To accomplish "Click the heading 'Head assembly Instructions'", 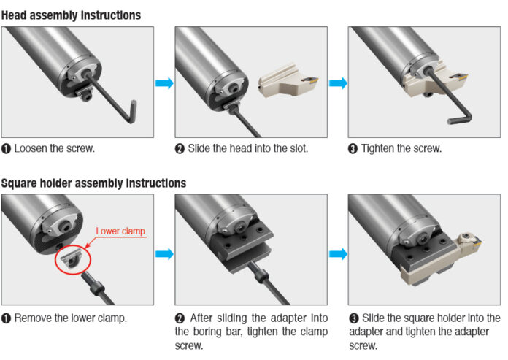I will tap(71, 15).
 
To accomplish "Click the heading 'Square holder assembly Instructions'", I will tap(93, 183).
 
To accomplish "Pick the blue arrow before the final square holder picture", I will tap(337, 254).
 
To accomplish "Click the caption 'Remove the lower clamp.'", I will tap(66, 318).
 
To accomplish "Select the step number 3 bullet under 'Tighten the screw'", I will tap(353, 149).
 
